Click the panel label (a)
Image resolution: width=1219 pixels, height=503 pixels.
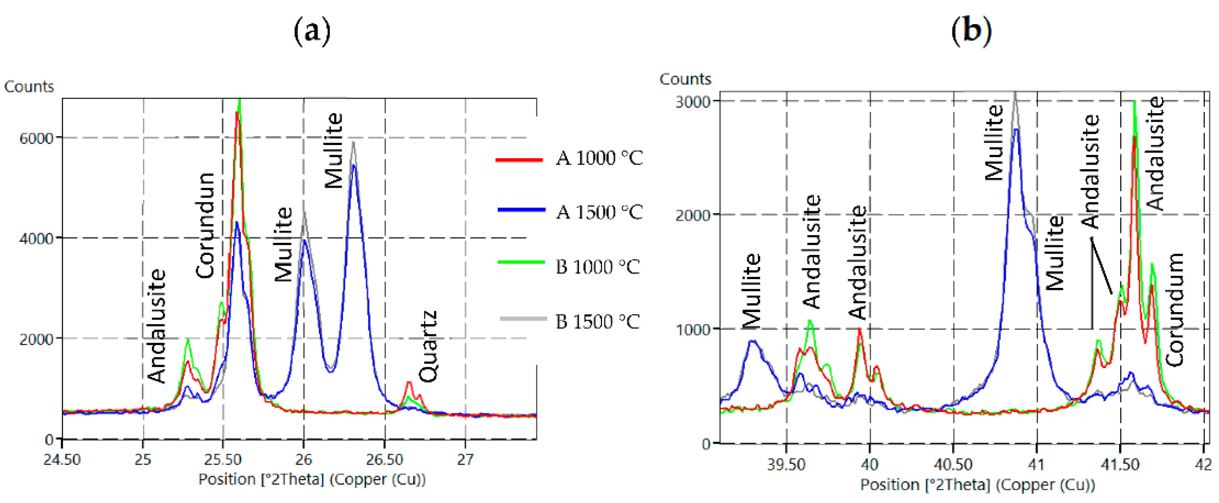[312, 32]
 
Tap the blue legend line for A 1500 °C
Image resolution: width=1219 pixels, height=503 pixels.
[521, 209]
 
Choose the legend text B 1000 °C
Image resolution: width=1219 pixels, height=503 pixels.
[597, 267]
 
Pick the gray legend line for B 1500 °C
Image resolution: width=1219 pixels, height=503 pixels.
[523, 319]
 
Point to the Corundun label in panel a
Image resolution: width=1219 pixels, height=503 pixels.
[205, 225]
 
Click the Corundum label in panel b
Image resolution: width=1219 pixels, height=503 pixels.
[1174, 310]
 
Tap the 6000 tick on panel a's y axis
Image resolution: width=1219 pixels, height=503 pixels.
[36, 139]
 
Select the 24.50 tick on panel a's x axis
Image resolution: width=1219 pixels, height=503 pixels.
[62, 460]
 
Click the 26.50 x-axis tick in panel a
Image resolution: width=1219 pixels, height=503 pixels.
[385, 460]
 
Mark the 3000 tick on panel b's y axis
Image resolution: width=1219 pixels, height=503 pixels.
[693, 102]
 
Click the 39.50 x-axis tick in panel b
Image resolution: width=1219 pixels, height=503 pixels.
[786, 465]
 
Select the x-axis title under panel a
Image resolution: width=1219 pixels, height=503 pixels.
[312, 479]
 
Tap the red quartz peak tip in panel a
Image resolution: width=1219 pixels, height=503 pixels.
[409, 382]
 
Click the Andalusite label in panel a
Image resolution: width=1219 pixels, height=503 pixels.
[157, 325]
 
